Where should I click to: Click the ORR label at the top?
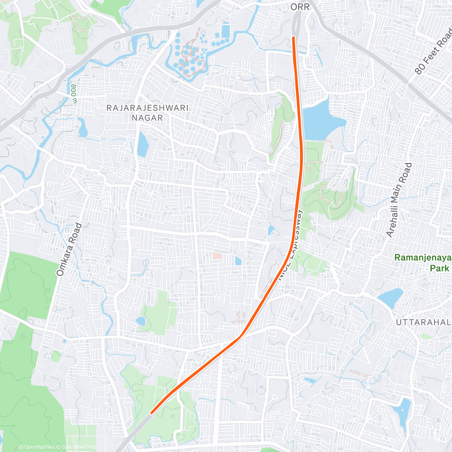click(300, 7)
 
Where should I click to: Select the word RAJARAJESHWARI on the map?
click(147, 108)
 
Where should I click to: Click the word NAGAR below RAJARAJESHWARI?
click(147, 118)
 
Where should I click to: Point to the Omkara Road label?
click(69, 250)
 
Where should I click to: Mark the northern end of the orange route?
click(293, 37)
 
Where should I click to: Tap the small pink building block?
click(217, 255)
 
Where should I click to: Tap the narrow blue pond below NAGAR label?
click(142, 144)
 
